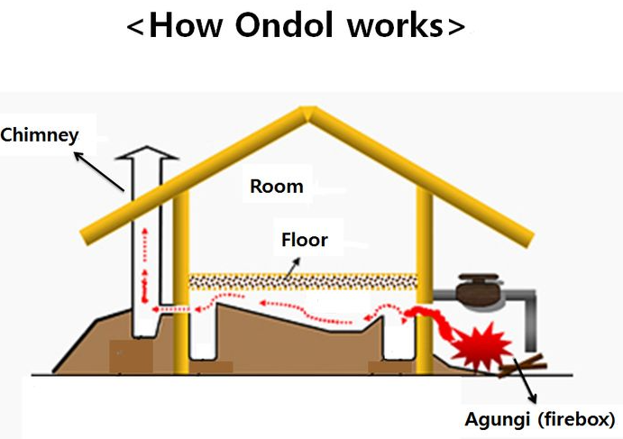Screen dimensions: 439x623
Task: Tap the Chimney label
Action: pyautogui.click(x=40, y=136)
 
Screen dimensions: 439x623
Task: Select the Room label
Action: pyautogui.click(x=277, y=187)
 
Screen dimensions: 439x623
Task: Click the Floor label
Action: pyautogui.click(x=305, y=241)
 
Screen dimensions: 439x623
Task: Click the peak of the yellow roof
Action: pyautogui.click(x=307, y=114)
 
